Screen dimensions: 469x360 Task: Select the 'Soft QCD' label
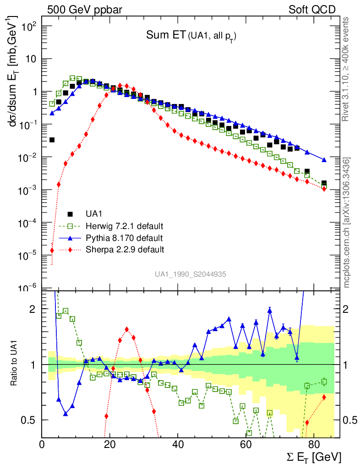pos(312,10)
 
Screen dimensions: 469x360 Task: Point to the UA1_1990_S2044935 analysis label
pos(191,274)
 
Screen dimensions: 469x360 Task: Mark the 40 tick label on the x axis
pos(178,444)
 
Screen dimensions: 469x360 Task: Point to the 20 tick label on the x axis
pos(110,444)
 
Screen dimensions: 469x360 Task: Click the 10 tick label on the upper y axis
pos(32,59)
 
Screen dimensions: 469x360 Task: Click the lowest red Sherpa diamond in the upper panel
pos(52,250)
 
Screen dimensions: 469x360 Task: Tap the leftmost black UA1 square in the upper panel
pos(52,140)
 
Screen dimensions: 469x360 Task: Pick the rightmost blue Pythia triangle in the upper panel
pos(324,160)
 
